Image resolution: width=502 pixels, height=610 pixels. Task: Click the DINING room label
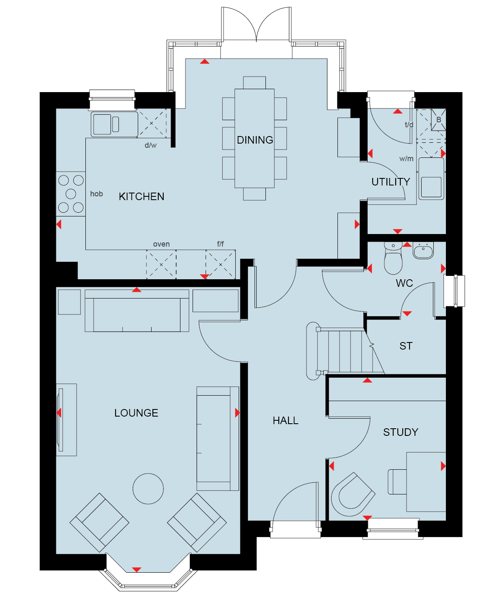coord(255,140)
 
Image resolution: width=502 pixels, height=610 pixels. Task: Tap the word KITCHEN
coord(141,197)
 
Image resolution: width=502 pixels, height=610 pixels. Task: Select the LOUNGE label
coord(136,413)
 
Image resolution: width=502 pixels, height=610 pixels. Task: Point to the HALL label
coord(285,420)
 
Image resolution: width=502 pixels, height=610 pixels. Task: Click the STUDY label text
coord(400,432)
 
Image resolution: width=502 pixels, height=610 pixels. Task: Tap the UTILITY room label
coord(391,182)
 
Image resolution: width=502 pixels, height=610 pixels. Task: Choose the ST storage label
coord(406,346)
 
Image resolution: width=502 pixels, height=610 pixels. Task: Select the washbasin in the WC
coord(423,250)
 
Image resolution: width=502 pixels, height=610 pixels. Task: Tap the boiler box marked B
coord(438,120)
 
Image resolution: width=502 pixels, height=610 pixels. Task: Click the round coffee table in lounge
coord(148,489)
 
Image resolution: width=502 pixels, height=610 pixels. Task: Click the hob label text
coord(96,194)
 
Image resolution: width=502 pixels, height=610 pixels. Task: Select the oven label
coord(161,244)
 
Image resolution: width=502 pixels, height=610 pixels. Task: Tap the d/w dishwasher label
coord(150,145)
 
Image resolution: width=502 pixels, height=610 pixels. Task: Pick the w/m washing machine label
coord(406,159)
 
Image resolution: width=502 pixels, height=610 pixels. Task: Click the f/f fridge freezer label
coord(220,244)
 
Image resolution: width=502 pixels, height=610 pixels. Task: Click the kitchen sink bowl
coord(102,124)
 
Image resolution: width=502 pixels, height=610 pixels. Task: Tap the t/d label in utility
coord(409,125)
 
